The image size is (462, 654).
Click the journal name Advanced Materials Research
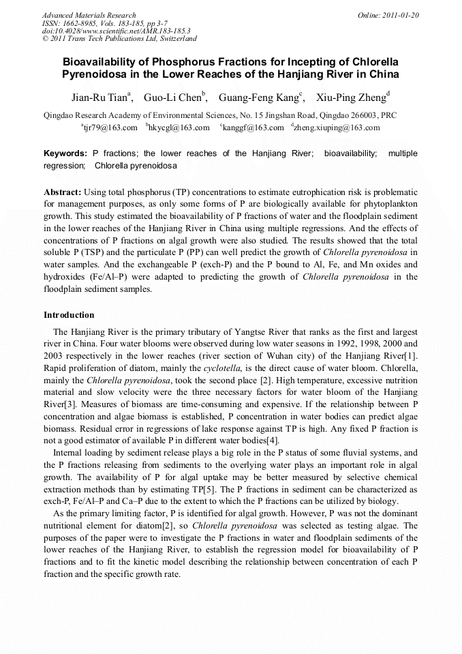pyautogui.click(x=89, y=15)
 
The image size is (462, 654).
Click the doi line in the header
pyautogui.click(x=116, y=31)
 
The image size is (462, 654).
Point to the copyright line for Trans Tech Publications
pyautogui.click(x=119, y=39)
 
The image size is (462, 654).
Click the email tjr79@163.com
pyautogui.click(x=110, y=128)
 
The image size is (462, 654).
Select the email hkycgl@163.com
pyautogui.click(x=179, y=128)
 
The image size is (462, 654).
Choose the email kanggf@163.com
pyautogui.click(x=253, y=128)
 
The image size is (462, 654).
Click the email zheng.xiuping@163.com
pyautogui.click(x=336, y=128)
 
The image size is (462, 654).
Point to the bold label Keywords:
pyautogui.click(x=65, y=153)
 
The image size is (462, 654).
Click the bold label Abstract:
pyautogui.click(x=63, y=192)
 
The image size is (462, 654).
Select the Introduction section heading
pyautogui.click(x=69, y=315)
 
